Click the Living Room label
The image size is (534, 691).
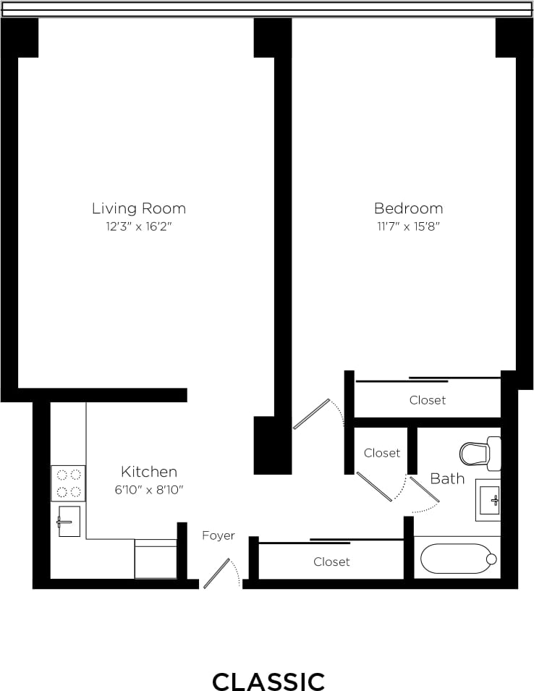pyautogui.click(x=138, y=208)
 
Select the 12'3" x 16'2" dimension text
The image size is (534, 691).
pyautogui.click(x=138, y=226)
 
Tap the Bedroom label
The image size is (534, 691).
pyautogui.click(x=408, y=208)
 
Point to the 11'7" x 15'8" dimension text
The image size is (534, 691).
pyautogui.click(x=408, y=226)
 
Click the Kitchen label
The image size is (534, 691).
pyautogui.click(x=148, y=472)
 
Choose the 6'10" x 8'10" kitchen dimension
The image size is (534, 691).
pyautogui.click(x=148, y=490)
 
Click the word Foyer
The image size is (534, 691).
pyautogui.click(x=218, y=535)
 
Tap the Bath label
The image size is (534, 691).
pyautogui.click(x=447, y=478)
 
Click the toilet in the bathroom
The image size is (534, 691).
pyautogui.click(x=480, y=454)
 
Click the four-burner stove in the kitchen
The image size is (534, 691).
pyautogui.click(x=68, y=483)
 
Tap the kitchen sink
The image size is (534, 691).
pyautogui.click(x=68, y=521)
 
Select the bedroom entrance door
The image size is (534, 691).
pyautogui.click(x=312, y=414)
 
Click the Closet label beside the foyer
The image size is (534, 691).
pyautogui.click(x=331, y=561)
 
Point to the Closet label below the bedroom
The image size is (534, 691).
pyautogui.click(x=428, y=400)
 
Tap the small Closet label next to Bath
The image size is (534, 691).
pyautogui.click(x=381, y=453)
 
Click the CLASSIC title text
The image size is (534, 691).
pyautogui.click(x=268, y=681)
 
